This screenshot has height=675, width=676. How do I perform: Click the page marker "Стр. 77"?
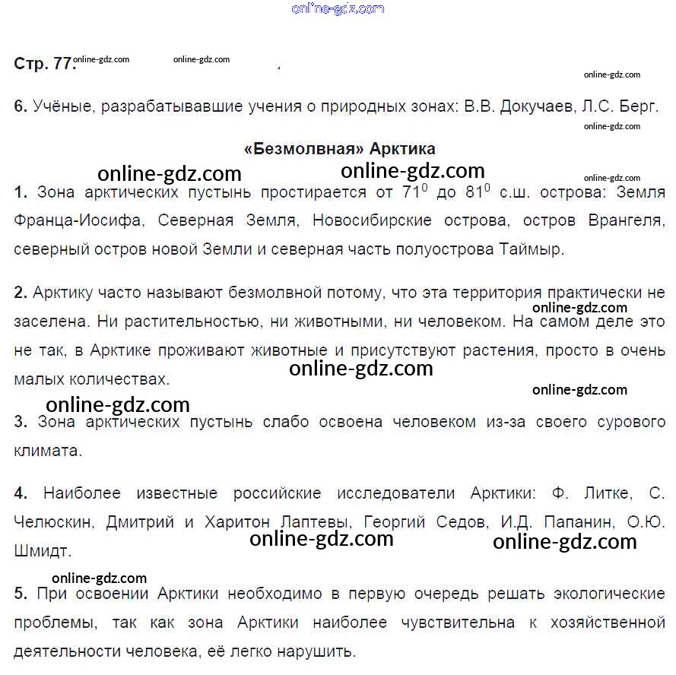pos(44,65)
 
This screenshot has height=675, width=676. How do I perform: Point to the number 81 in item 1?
pos(474,193)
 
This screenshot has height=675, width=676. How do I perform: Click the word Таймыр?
pos(532,249)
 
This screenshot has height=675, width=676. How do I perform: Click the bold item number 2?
pos(21,293)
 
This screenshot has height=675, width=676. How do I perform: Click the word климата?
pos(47,450)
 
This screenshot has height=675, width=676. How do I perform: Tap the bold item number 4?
pos(21,494)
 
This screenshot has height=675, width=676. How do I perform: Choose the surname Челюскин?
pos(53,523)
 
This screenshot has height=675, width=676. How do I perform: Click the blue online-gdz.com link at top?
pos(338,9)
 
